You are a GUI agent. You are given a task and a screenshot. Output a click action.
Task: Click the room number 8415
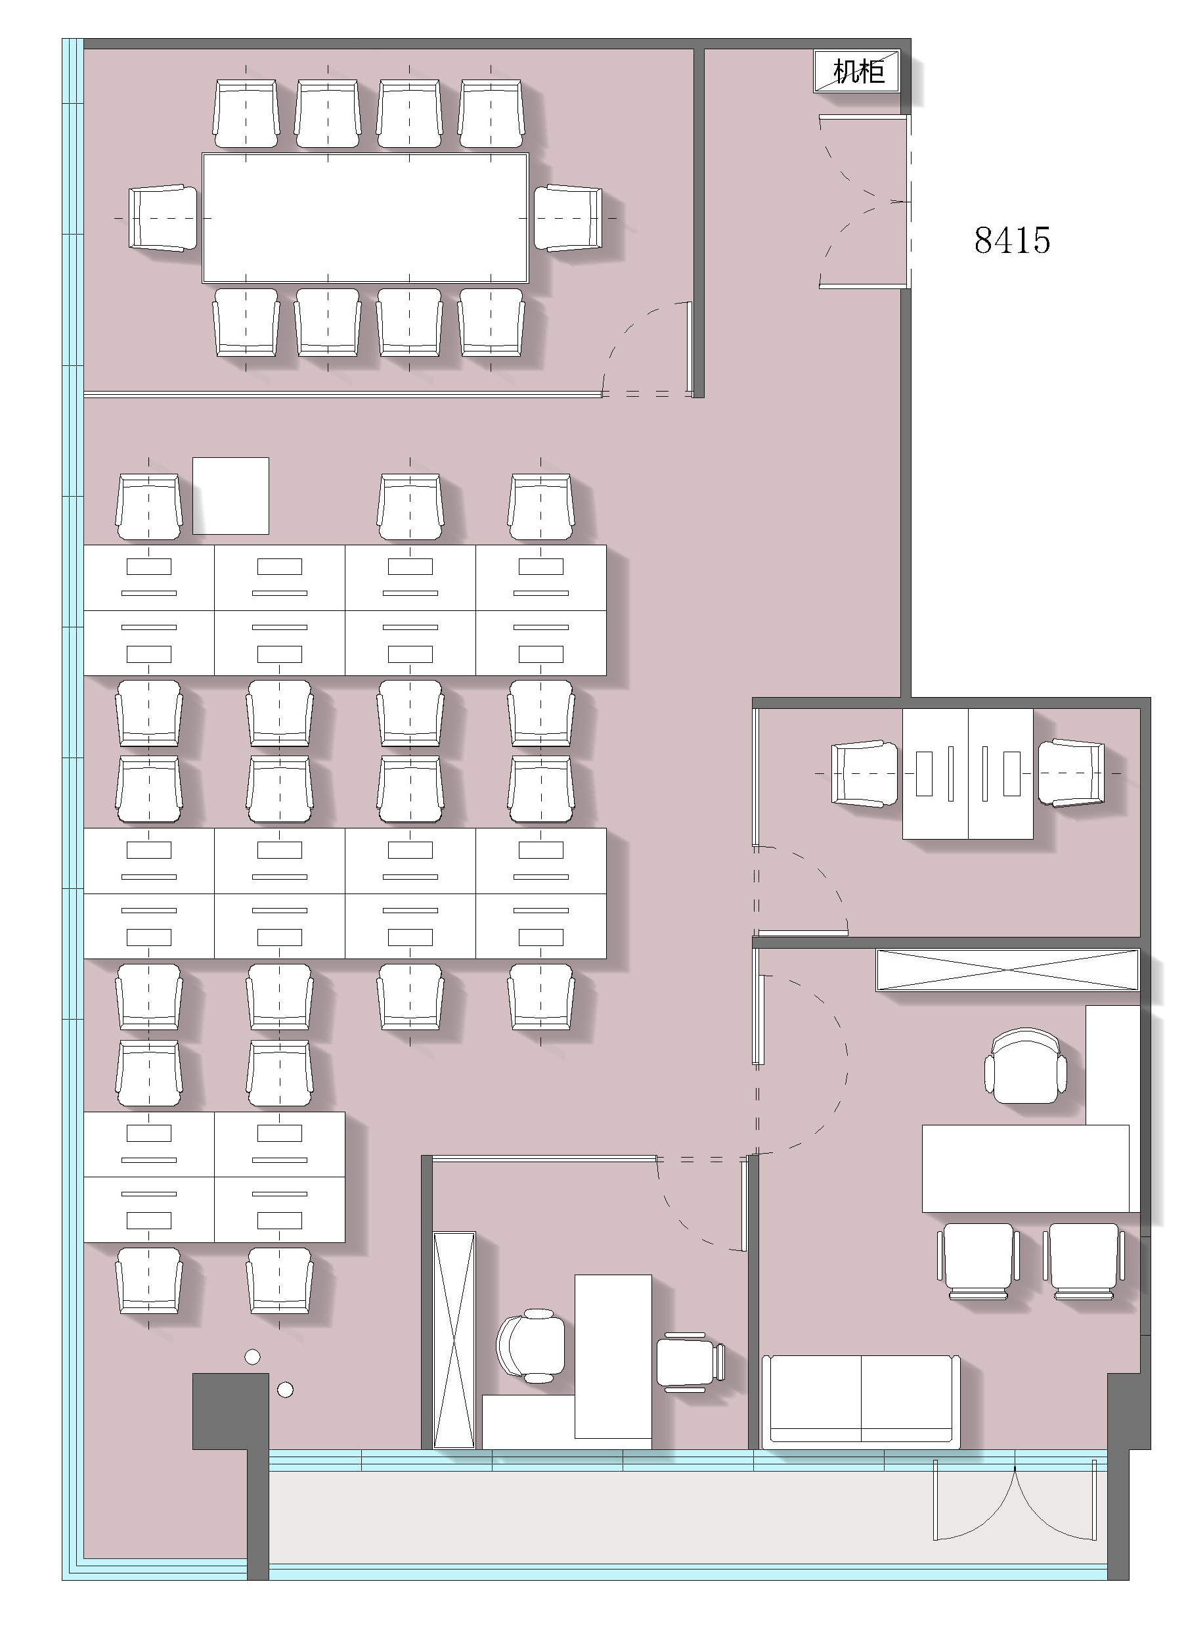coord(1012,240)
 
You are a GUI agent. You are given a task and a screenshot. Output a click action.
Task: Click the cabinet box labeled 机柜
coord(856,71)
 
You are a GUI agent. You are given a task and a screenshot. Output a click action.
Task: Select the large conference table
coord(365,217)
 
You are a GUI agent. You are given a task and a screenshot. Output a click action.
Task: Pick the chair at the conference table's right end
coord(567,218)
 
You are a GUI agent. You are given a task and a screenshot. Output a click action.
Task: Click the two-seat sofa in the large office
coord(861,1401)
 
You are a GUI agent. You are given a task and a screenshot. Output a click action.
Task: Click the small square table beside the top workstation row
coord(231,495)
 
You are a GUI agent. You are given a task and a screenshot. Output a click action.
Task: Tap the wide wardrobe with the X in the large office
coord(1007,970)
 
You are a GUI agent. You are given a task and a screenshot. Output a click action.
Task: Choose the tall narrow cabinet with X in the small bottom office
coord(454,1340)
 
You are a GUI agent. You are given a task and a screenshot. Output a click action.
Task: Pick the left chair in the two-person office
coord(865,773)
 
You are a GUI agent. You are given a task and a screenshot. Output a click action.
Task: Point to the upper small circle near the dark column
coord(252,1357)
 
